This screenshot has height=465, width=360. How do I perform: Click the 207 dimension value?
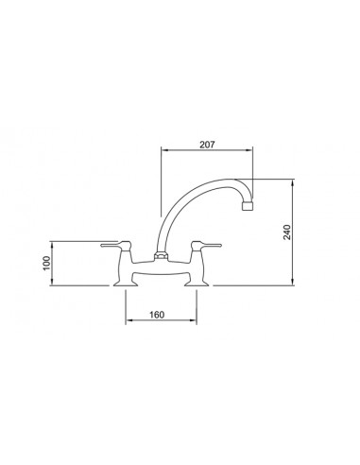tap(207, 145)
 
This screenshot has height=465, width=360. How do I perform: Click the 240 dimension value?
tap(287, 232)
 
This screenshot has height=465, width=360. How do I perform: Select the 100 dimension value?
tap(46, 263)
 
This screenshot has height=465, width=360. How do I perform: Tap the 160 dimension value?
tap(157, 315)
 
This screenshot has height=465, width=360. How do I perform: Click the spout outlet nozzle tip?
tap(248, 206)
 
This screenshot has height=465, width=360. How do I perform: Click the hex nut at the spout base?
tap(161, 256)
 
